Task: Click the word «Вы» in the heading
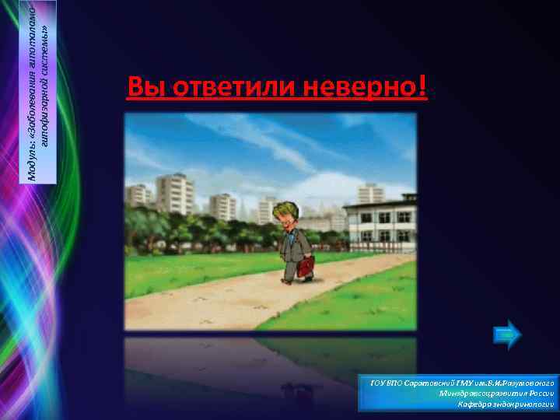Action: [x=142, y=87]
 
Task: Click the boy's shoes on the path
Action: [x=295, y=280]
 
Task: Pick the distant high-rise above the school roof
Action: [x=370, y=194]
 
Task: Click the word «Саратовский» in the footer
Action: [x=426, y=383]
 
